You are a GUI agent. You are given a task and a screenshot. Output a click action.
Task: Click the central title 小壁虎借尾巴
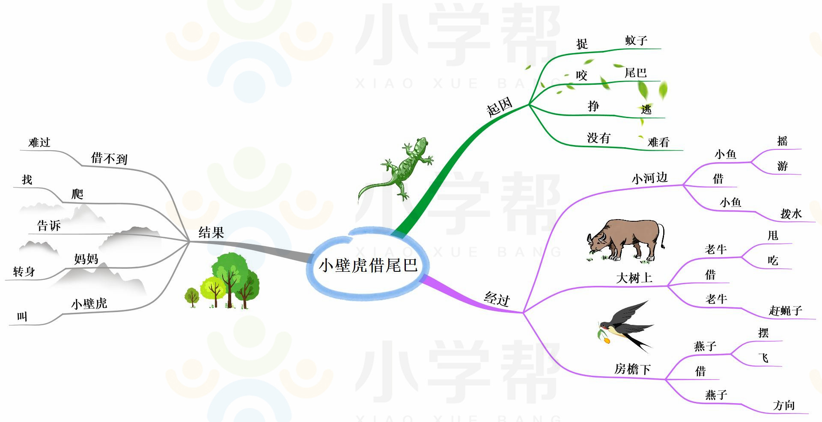368,265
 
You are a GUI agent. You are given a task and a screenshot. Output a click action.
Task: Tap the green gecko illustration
398,169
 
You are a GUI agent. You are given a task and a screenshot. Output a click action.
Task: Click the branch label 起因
500,107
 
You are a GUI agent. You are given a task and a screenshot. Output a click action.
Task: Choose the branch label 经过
497,298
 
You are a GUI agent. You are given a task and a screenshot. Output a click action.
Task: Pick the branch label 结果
211,233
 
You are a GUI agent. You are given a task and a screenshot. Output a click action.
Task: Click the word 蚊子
636,41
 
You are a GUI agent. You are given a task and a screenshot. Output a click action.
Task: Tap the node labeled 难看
658,142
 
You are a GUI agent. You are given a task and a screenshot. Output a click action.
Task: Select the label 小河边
649,178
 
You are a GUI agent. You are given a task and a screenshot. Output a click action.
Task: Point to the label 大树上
634,278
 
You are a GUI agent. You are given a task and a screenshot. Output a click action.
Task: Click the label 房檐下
632,369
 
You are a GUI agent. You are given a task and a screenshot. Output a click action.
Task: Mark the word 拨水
791,214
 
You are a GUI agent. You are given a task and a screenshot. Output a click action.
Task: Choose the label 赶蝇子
785,311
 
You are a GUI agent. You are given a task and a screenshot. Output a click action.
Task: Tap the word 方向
784,405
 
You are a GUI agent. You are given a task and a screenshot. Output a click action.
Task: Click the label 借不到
109,158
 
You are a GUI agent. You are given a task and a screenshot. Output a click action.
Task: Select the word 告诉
49,226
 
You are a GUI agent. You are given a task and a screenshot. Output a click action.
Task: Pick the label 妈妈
86,259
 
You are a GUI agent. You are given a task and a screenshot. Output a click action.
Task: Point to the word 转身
24,272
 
